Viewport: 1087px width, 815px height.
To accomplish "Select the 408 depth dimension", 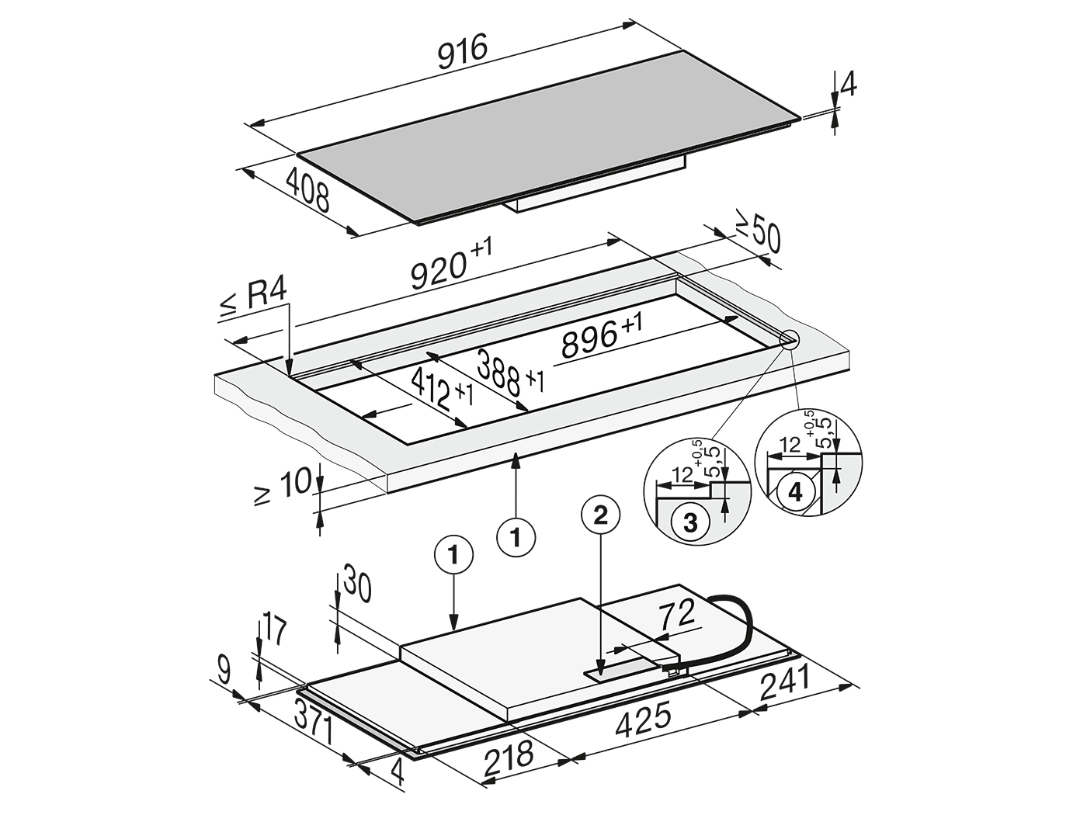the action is click(307, 190).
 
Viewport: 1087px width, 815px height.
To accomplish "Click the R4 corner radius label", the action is click(253, 299).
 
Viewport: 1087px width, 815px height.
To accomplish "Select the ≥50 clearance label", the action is click(758, 236).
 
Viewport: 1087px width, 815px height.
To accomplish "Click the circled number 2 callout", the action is click(600, 517).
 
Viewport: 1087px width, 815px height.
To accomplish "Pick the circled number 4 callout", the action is click(795, 492).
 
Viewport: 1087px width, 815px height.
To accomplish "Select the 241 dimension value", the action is click(784, 682).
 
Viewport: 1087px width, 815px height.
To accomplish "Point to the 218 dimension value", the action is click(509, 760).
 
